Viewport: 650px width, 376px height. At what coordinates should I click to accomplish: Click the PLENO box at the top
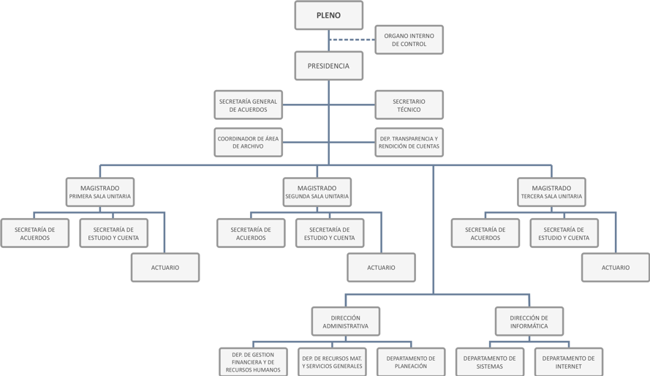pos(328,15)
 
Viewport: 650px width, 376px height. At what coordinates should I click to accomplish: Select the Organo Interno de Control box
pos(409,40)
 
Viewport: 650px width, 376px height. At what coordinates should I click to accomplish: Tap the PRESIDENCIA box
pos(328,66)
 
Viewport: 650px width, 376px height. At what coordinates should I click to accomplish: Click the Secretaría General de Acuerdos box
pos(248,105)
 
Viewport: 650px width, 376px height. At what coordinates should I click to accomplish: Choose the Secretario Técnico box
pos(409,105)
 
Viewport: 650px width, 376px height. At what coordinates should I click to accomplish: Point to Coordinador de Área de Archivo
pos(248,142)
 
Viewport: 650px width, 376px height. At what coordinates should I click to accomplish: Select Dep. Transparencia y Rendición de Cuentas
pos(409,142)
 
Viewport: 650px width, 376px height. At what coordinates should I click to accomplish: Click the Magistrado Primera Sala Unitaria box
pos(100,192)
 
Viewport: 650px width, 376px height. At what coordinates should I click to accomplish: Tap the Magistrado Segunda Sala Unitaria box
pos(317,192)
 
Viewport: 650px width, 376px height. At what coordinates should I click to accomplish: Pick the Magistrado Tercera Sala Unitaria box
pos(551,192)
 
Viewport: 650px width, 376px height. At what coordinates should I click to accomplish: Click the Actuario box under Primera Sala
pos(165,268)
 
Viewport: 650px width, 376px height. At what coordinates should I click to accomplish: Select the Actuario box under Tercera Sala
pos(615,268)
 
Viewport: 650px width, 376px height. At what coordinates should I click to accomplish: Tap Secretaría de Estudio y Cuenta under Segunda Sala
pos(330,233)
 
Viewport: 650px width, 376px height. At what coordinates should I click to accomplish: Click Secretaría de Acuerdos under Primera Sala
pos(35,233)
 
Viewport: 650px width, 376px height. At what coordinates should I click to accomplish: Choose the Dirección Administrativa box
pos(345,322)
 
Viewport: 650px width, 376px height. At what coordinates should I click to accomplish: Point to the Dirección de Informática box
pos(529,322)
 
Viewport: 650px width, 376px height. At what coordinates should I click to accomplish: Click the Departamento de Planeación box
pos(411,362)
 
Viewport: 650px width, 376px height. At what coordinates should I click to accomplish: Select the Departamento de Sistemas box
pos(490,362)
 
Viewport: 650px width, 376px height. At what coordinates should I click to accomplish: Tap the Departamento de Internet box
pos(569,362)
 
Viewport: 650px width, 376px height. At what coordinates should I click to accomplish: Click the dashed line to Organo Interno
pos(352,40)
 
